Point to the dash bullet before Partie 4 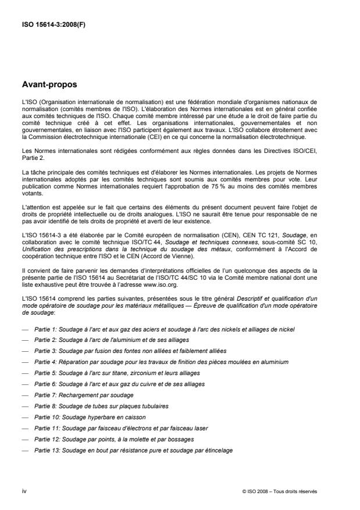24,362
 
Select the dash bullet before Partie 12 24,438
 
